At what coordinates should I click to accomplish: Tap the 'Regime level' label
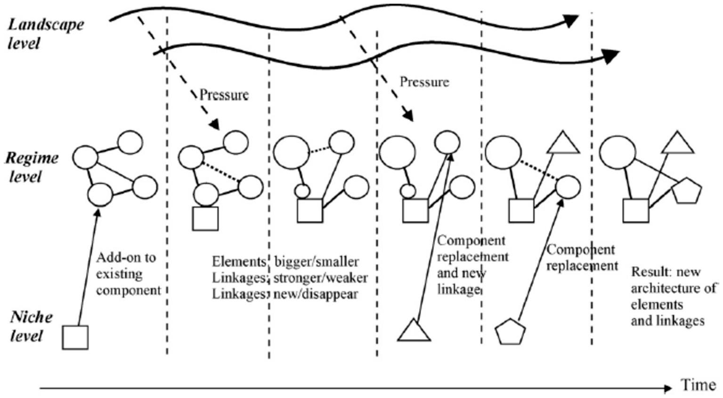coord(31,167)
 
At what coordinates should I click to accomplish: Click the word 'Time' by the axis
coord(698,385)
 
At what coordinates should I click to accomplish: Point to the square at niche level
coord(75,337)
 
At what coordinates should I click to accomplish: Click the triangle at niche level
coord(414,331)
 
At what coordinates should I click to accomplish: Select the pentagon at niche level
coord(510,332)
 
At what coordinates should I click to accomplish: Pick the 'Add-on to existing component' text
coord(128,274)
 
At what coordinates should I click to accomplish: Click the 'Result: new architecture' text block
coord(673,297)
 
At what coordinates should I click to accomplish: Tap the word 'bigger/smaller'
coord(317,262)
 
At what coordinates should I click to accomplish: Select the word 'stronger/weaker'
coord(320,278)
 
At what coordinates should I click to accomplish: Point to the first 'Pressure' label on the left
coord(224,95)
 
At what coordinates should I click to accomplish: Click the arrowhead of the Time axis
coord(667,389)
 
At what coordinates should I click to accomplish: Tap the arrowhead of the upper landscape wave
coord(571,21)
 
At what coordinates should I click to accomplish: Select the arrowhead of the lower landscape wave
coord(612,56)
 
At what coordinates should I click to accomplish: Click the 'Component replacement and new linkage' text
coord(471,265)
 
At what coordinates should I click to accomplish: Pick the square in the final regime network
coord(635,211)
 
